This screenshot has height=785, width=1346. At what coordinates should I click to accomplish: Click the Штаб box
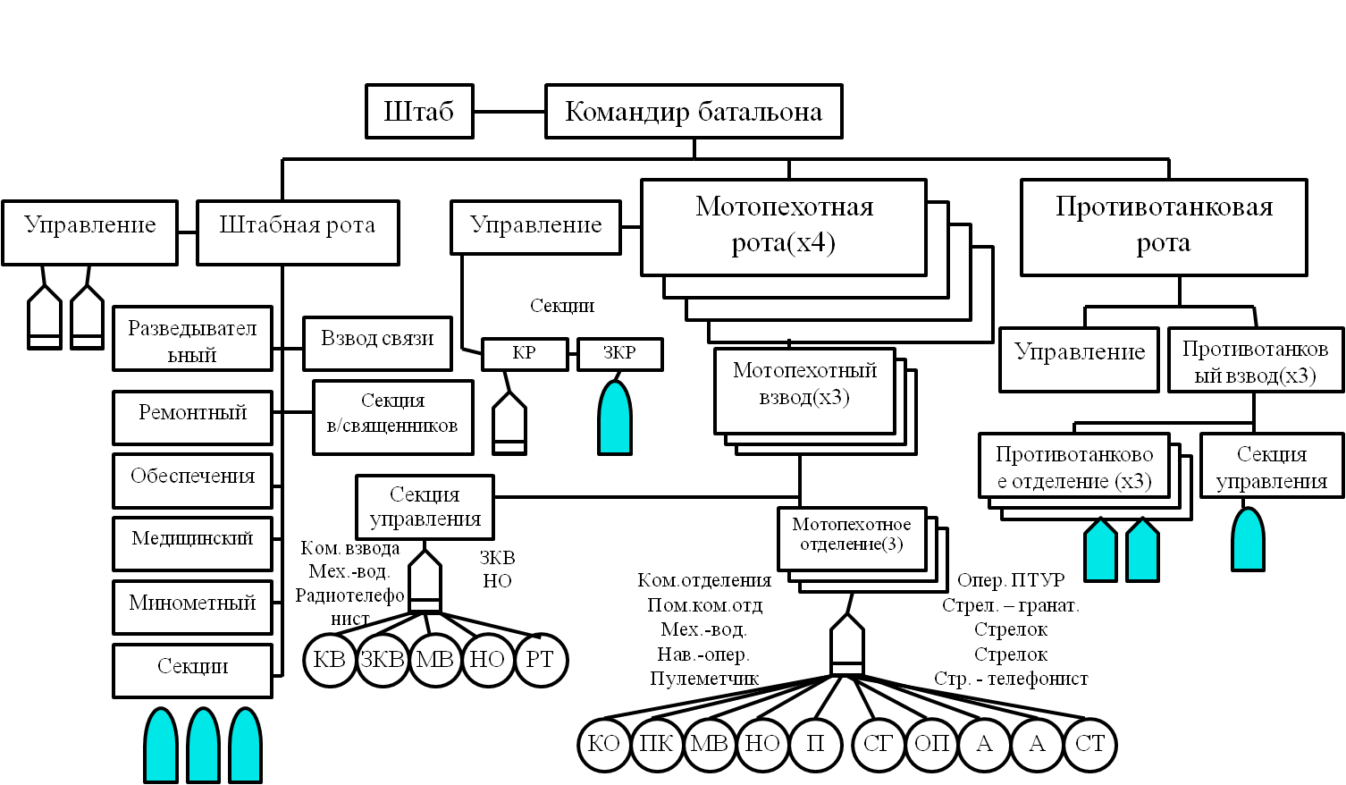(418, 112)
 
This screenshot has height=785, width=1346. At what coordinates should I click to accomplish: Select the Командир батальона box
(694, 112)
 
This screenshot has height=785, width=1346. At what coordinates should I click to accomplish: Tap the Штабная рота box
(297, 225)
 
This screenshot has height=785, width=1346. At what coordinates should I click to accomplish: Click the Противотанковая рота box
(1163, 226)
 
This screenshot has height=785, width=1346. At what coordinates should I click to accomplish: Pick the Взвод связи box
(377, 340)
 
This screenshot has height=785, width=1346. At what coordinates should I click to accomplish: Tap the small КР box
(524, 354)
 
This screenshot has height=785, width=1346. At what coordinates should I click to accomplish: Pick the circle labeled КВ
(330, 660)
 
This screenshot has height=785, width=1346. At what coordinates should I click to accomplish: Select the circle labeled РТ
(540, 660)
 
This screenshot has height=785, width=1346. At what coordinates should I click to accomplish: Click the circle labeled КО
(604, 744)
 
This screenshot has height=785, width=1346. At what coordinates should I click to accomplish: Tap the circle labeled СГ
(878, 744)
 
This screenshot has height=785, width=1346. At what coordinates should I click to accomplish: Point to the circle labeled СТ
(1089, 744)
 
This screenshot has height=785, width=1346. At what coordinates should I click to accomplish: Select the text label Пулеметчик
(704, 679)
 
